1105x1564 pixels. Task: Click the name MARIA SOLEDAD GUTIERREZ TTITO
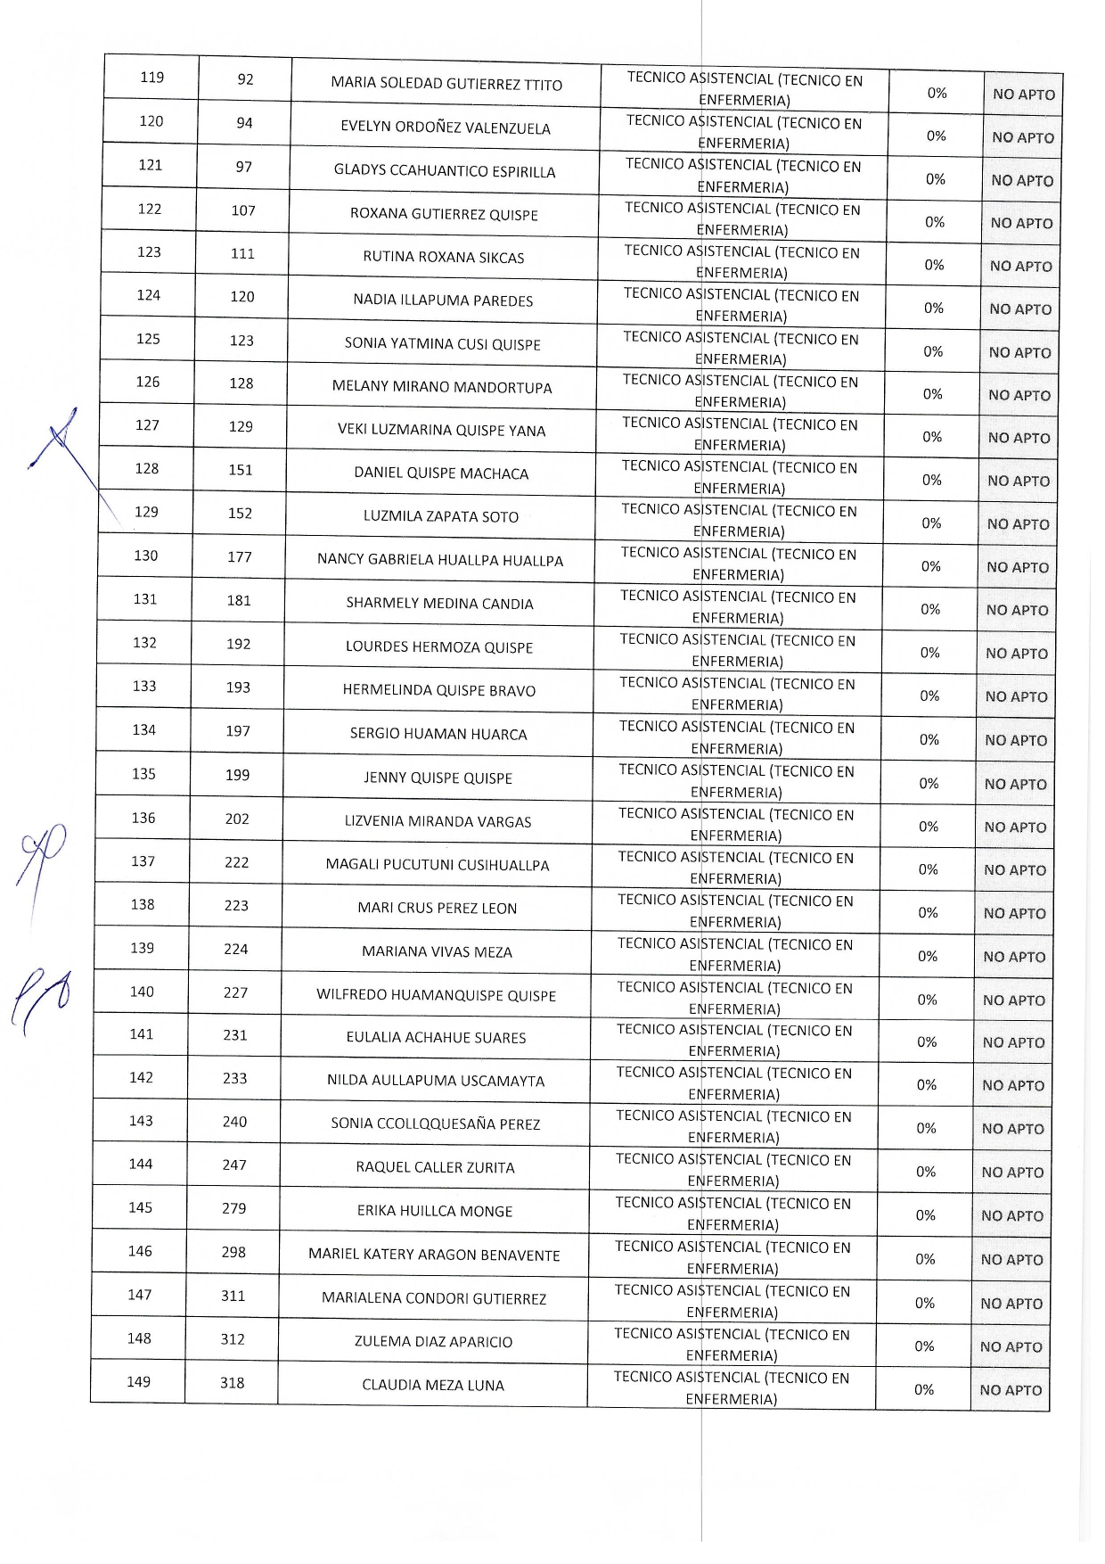(x=446, y=84)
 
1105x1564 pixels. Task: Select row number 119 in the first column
(x=152, y=78)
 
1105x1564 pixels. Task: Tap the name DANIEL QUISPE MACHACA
(x=441, y=473)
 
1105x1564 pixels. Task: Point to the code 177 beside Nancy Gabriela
(x=240, y=557)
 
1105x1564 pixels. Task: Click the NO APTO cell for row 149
(x=1011, y=1390)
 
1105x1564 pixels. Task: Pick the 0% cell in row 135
(x=929, y=783)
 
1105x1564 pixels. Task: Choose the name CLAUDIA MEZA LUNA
(x=433, y=1385)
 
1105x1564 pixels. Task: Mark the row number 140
(x=142, y=992)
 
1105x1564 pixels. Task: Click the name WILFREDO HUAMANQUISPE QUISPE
(x=436, y=995)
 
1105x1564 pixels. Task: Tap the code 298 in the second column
(x=233, y=1252)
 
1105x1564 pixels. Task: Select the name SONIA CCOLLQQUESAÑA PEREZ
(x=436, y=1124)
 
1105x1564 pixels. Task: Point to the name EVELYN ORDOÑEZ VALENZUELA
(x=446, y=128)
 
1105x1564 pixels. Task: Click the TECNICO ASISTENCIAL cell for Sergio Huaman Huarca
(x=737, y=737)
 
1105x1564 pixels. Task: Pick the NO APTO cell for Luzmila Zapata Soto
(x=1018, y=524)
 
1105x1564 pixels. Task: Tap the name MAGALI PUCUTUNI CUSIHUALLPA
(x=438, y=865)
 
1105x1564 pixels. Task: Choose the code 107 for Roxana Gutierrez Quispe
(x=243, y=210)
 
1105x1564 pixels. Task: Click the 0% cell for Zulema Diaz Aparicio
(x=924, y=1346)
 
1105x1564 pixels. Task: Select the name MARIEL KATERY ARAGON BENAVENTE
(x=434, y=1255)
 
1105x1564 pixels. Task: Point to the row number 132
(x=144, y=643)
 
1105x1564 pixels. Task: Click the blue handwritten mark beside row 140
(x=40, y=1000)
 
